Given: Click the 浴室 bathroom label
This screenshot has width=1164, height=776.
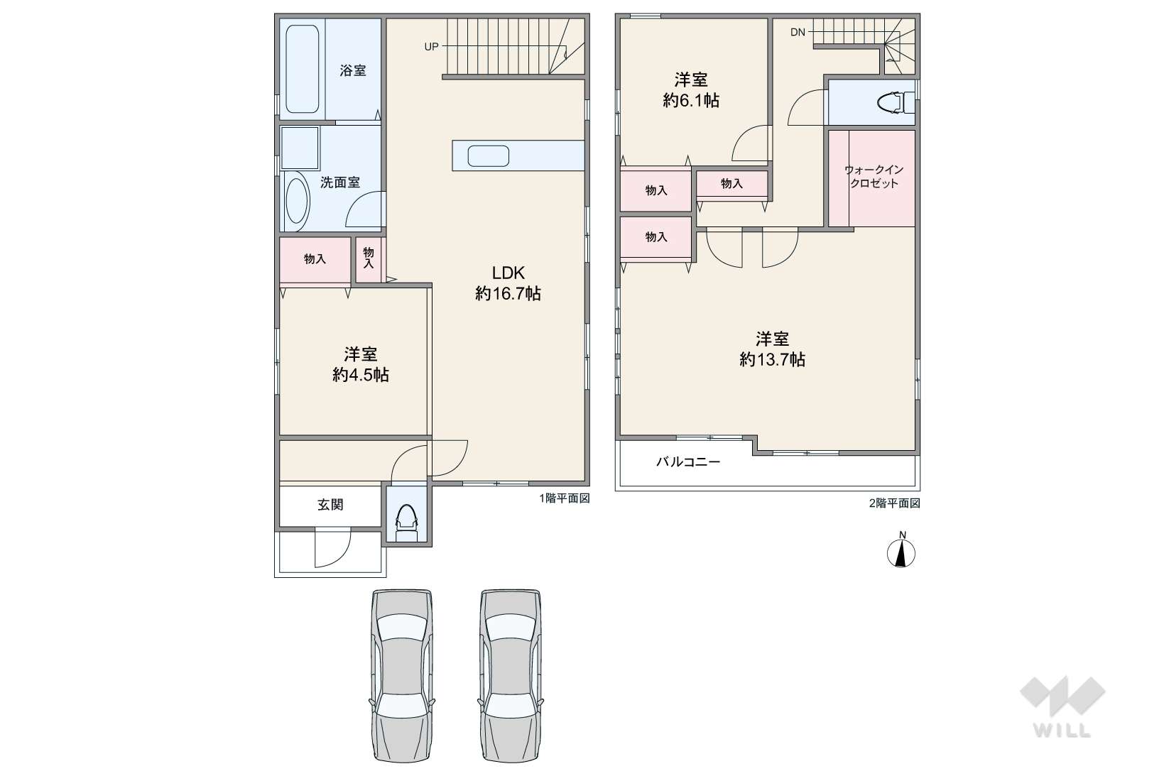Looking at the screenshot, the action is [x=353, y=70].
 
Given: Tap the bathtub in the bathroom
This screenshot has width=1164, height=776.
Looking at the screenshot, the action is [x=303, y=69].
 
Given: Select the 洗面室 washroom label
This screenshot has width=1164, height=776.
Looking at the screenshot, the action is [x=340, y=182].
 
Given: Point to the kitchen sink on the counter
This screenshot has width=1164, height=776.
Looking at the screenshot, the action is [x=488, y=155].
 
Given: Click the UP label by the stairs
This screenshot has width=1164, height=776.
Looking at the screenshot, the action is [x=431, y=47].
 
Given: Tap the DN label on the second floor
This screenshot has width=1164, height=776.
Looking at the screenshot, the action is [x=798, y=32].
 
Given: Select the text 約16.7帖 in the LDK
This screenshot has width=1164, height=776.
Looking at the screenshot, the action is [x=508, y=293].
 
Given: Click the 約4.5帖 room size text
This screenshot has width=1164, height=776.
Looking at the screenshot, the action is [x=361, y=374].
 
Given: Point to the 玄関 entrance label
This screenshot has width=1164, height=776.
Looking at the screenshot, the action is [x=330, y=504].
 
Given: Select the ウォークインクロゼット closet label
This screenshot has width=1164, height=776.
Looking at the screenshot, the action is [x=874, y=177].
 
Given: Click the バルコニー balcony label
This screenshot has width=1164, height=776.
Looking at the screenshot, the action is [x=688, y=461].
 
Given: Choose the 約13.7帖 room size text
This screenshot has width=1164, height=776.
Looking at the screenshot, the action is [x=772, y=359].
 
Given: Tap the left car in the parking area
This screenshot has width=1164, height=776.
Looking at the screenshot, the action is [x=402, y=675].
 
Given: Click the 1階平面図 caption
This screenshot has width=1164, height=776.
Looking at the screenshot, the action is [x=565, y=498].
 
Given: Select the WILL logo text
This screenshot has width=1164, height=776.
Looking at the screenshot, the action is [x=1062, y=731].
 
